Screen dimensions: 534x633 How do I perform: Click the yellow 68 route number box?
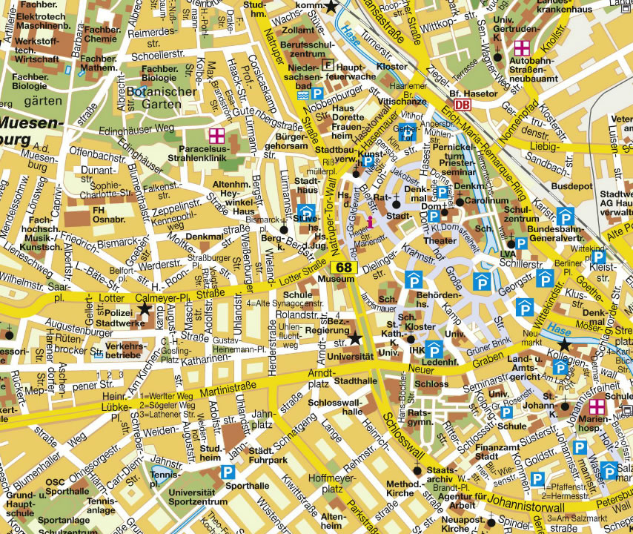(x=344, y=267)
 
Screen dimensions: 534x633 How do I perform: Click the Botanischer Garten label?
(x=162, y=98)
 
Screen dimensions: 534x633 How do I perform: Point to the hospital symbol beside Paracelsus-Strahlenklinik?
(x=216, y=135)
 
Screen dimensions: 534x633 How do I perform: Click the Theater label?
(x=440, y=242)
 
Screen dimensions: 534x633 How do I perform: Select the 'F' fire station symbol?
(x=329, y=65)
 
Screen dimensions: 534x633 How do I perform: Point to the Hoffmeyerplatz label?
(x=327, y=484)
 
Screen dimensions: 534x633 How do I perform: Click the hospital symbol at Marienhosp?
(x=597, y=407)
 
